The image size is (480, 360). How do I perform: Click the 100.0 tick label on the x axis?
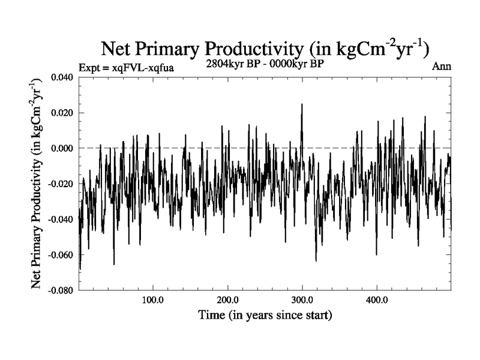tap(153, 300)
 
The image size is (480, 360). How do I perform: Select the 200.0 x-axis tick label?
tap(227, 300)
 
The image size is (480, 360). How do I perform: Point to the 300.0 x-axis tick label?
tap(302, 300)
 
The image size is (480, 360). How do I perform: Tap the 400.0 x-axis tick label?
tap(376, 300)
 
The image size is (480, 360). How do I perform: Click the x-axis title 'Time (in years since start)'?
tap(266, 314)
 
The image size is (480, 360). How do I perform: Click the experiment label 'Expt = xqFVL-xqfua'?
tap(127, 67)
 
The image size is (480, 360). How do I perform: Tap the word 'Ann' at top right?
tap(442, 67)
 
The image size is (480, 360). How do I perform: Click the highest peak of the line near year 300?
tap(302, 104)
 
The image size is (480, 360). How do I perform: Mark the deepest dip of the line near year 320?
tap(316, 260)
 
